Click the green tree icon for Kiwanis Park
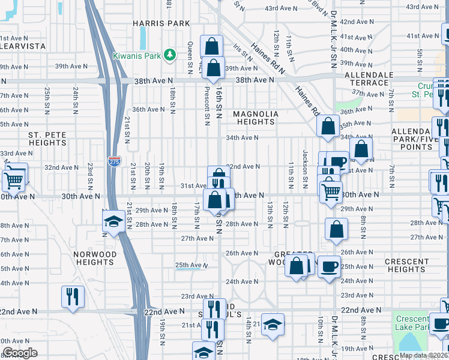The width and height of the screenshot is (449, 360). [170, 55]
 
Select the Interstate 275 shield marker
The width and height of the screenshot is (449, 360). [113, 161]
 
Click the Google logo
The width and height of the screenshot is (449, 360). [20, 353]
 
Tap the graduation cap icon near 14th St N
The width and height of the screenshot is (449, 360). [273, 325]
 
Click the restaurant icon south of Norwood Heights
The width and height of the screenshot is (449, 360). [73, 295]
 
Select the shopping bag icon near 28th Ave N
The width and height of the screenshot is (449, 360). [336, 229]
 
